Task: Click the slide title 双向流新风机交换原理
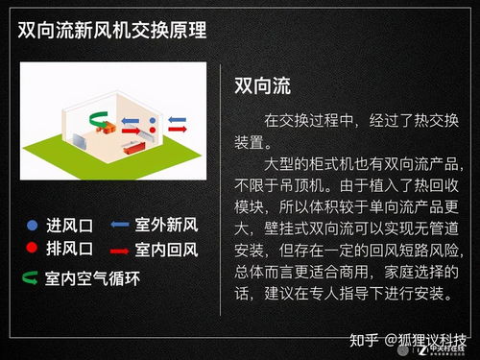tap(116, 28)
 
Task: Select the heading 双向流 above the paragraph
tap(262, 84)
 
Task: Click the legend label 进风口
tap(67, 227)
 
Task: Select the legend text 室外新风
tap(167, 227)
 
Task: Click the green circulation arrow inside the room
tap(99, 119)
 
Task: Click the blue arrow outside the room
tap(180, 120)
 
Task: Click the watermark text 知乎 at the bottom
tap(362, 339)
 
